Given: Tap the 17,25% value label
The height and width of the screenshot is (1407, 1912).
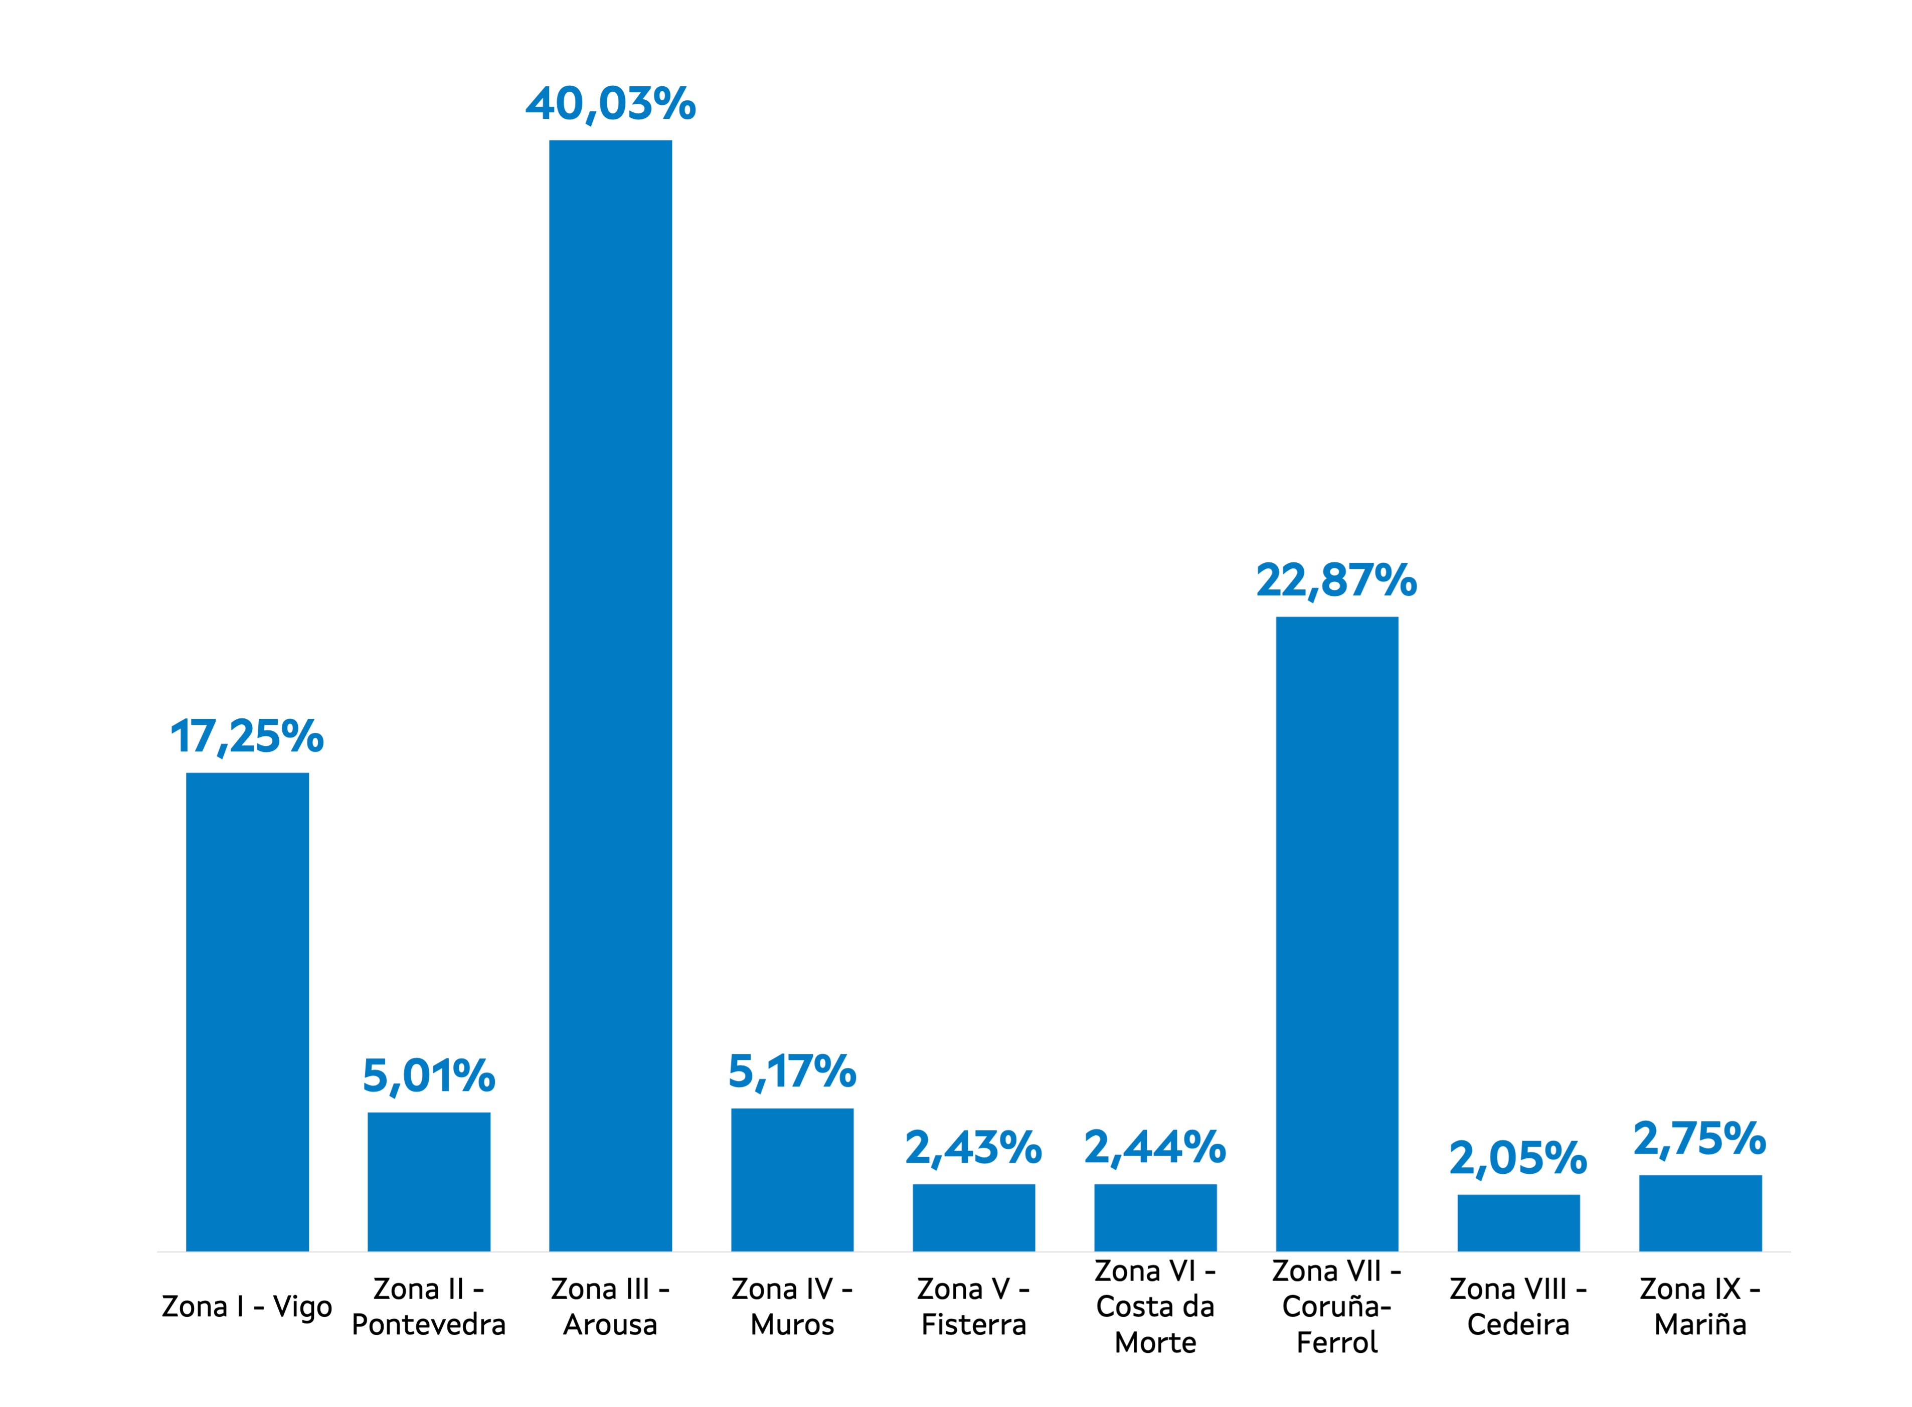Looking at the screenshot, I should (x=247, y=737).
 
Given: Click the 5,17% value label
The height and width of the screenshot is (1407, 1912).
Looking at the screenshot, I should (x=792, y=1071).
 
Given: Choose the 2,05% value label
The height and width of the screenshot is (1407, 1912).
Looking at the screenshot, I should (x=1518, y=1158).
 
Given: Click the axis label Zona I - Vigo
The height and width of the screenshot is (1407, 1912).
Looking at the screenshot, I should (x=247, y=1307).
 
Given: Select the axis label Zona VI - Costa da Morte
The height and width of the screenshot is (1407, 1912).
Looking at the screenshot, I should (x=1155, y=1307).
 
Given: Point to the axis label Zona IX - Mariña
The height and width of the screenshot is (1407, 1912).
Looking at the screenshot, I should (x=1700, y=1307).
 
